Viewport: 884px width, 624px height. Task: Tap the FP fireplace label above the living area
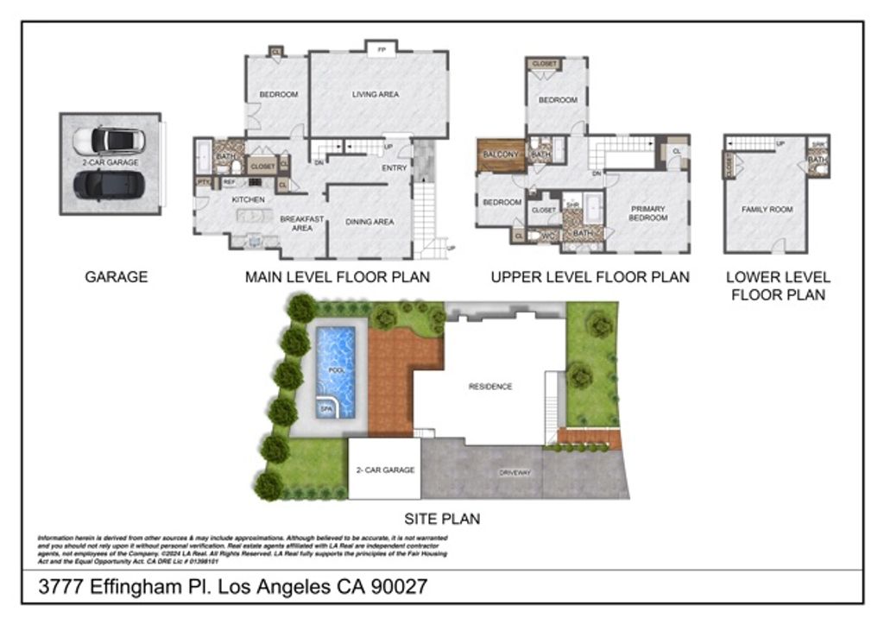pyautogui.click(x=381, y=50)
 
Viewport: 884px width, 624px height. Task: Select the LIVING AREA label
pyautogui.click(x=376, y=94)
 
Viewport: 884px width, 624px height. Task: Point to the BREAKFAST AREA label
pyautogui.click(x=301, y=224)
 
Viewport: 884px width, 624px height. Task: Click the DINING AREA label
pyautogui.click(x=369, y=222)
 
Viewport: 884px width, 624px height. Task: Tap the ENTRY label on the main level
pyautogui.click(x=395, y=167)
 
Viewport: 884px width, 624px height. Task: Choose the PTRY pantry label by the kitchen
pyautogui.click(x=204, y=182)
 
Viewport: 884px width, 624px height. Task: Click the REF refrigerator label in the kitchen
pyautogui.click(x=229, y=182)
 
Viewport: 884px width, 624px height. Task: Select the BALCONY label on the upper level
pyautogui.click(x=501, y=154)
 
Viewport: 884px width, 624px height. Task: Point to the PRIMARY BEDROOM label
pyautogui.click(x=648, y=213)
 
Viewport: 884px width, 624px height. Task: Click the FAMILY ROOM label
pyautogui.click(x=767, y=209)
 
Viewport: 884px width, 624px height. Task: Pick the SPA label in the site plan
pyautogui.click(x=326, y=409)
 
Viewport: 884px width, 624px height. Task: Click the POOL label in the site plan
pyautogui.click(x=336, y=370)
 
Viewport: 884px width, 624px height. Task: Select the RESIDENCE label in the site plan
pyautogui.click(x=490, y=386)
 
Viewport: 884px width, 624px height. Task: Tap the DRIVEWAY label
pyautogui.click(x=515, y=473)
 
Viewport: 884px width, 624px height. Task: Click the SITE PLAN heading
pyautogui.click(x=442, y=519)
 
